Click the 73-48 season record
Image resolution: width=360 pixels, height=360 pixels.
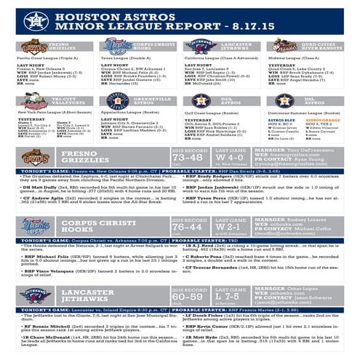187,159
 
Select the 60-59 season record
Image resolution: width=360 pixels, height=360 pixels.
187,297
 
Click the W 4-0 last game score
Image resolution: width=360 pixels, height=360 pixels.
230,157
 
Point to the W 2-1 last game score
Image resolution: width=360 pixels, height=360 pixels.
230,226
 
